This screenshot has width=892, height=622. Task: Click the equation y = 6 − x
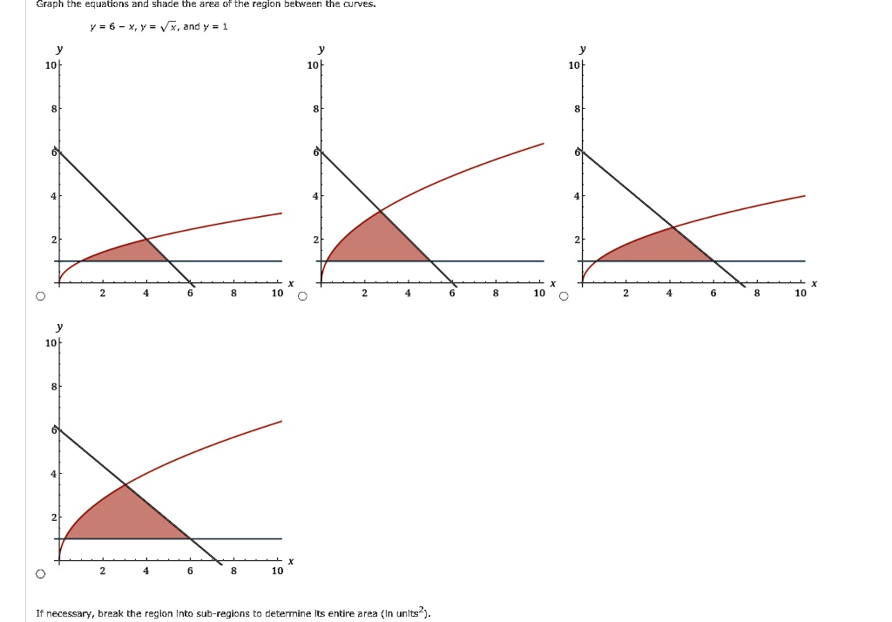[109, 27]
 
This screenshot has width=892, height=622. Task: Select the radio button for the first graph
[40, 296]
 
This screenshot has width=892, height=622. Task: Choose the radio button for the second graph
[302, 296]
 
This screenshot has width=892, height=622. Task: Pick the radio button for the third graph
[564, 296]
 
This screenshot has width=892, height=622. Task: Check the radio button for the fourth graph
[40, 574]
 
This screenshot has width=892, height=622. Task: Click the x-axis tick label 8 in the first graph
[233, 294]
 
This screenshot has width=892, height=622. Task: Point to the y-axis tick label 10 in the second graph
[312, 66]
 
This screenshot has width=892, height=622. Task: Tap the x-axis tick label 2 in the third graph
[625, 294]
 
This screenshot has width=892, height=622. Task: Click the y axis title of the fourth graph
[58, 327]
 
